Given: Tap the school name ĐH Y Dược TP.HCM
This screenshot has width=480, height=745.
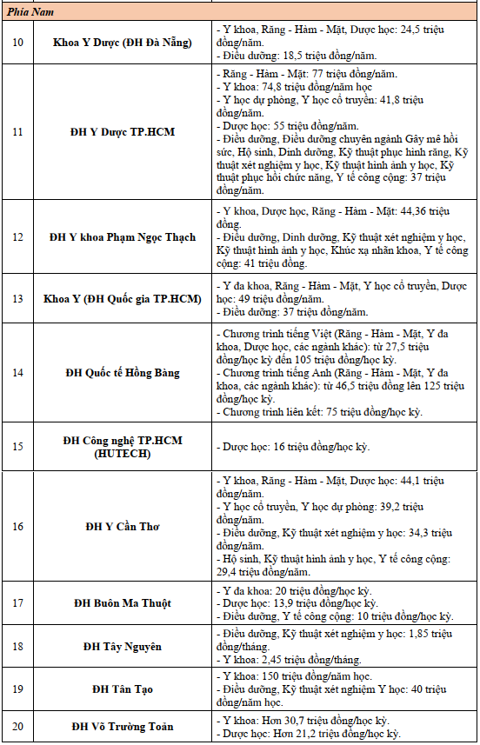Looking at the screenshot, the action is (x=123, y=132).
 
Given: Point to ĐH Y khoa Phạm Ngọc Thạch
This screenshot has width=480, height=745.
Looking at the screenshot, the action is (x=123, y=236).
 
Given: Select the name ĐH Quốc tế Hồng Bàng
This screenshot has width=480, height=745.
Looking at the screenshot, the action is (x=123, y=373).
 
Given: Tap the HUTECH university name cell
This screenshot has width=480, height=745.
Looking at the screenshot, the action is (x=123, y=447).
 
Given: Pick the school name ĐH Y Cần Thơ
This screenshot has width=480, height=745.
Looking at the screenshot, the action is (x=123, y=527).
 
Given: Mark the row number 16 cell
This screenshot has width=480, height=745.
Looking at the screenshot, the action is (x=17, y=527).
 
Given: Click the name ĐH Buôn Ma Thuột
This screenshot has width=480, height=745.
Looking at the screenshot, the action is (x=123, y=603).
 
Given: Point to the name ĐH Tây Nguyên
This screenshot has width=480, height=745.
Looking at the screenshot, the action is (x=123, y=647).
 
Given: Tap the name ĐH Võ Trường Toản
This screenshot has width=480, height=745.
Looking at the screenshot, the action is (x=123, y=727).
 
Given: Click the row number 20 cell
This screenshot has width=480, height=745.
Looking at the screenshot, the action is (x=17, y=727).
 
